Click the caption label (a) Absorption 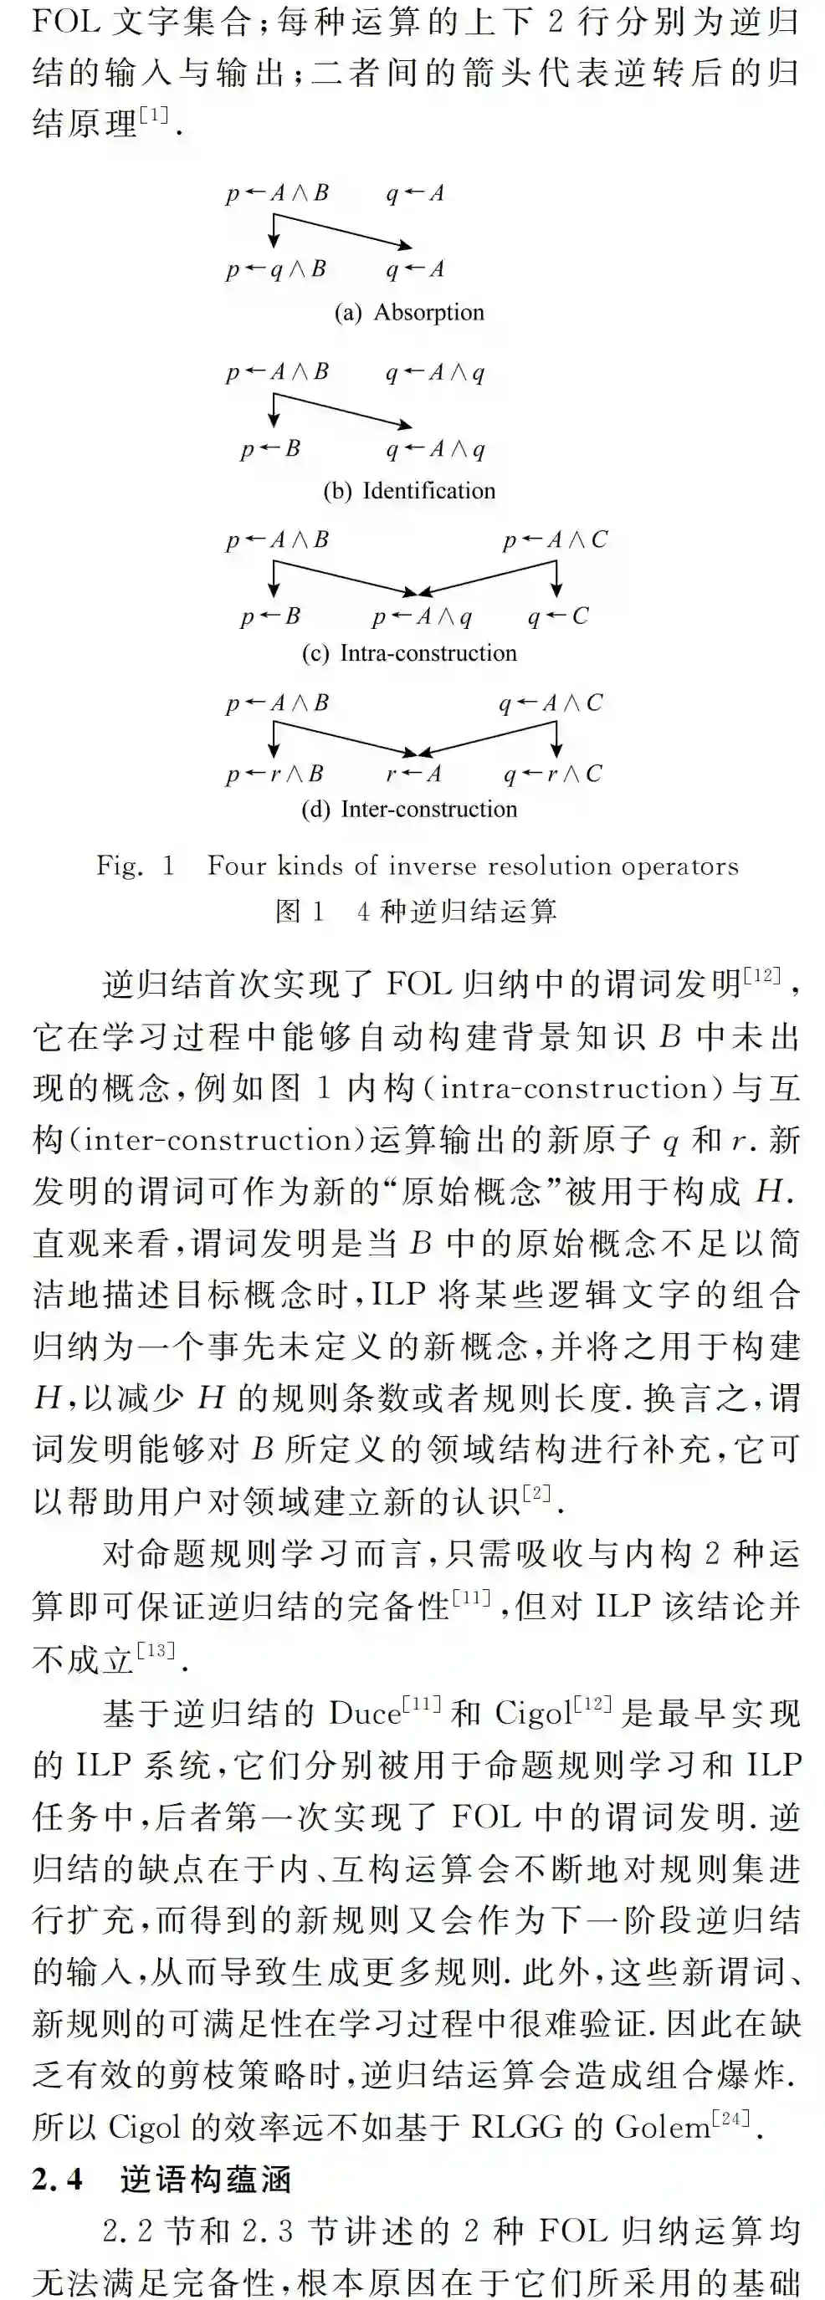click(409, 313)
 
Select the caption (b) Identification click(409, 490)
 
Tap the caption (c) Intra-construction click(409, 652)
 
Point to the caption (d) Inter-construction click(409, 809)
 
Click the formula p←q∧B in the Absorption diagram click(276, 268)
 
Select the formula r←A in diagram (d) click(413, 773)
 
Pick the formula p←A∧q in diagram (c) click(422, 616)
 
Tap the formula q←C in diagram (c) click(557, 616)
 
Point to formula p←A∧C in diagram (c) click(555, 539)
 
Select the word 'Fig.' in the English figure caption click(120, 865)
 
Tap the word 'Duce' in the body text click(364, 1714)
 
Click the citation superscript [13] click(156, 1650)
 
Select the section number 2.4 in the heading click(57, 2180)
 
